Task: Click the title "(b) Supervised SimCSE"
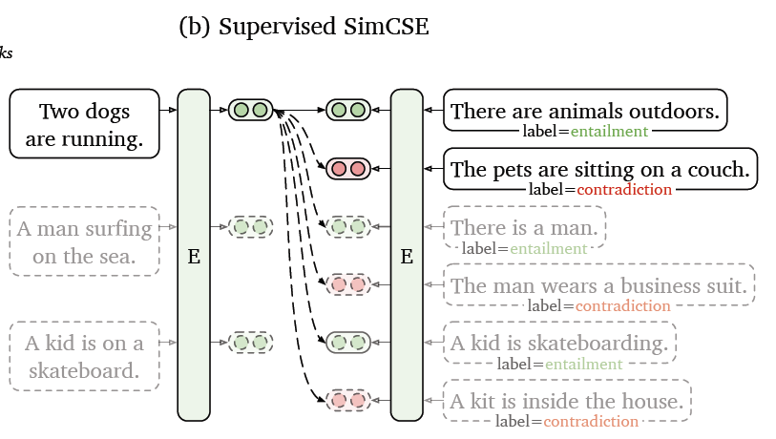[x=304, y=26]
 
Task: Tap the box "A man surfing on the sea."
[x=84, y=241]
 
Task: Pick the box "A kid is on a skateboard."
[x=84, y=356]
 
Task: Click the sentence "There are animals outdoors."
[x=585, y=111]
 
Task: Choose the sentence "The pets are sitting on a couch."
[x=600, y=170]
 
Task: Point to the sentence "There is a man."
[x=525, y=227]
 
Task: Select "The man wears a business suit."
[x=598, y=285]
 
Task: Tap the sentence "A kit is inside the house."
[x=567, y=400]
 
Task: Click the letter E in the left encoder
[x=194, y=256]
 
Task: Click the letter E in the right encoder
[x=407, y=256]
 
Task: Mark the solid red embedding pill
[x=348, y=169]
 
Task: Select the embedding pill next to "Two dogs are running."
[x=251, y=110]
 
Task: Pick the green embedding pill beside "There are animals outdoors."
[x=348, y=110]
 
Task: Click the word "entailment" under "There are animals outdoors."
[x=609, y=131]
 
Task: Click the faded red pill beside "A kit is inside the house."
[x=348, y=399]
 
